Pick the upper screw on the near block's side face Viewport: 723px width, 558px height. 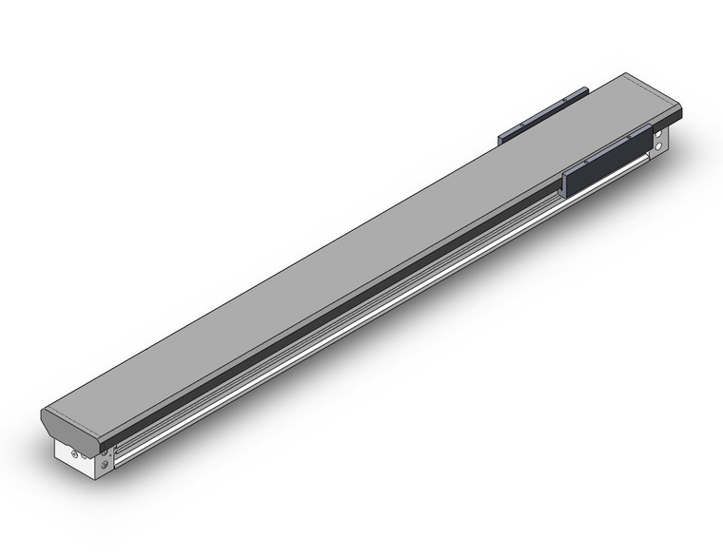105,452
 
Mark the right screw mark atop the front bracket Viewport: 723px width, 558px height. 628,138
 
